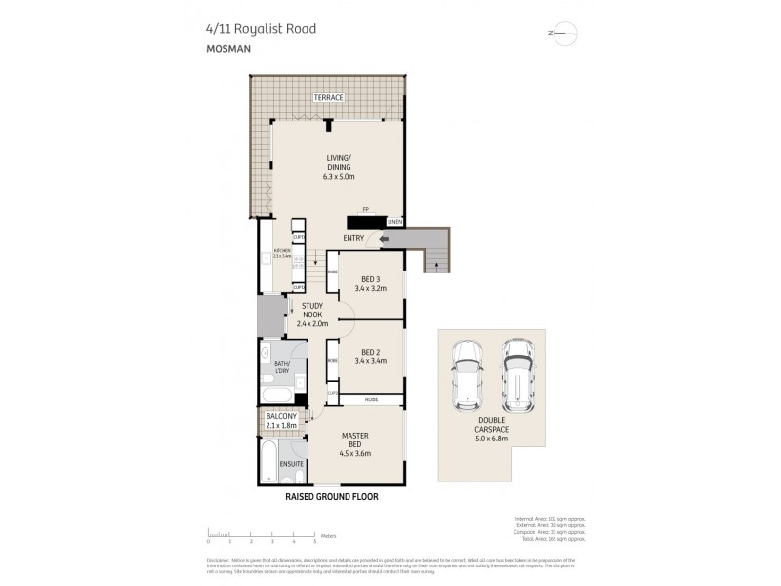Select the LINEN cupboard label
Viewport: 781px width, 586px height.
point(393,223)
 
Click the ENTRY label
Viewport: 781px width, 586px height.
point(354,238)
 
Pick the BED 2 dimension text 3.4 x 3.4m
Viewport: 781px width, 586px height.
point(374,361)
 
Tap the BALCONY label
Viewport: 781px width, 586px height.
point(281,416)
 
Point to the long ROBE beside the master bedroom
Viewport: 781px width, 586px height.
point(372,399)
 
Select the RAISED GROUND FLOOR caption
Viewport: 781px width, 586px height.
point(331,497)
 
